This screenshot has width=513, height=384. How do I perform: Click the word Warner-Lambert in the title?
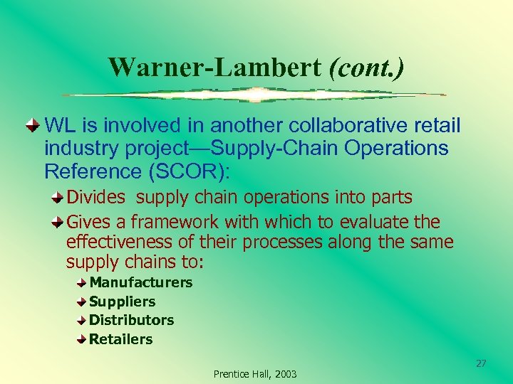pyautogui.click(x=215, y=68)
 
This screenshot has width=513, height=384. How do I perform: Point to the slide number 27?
pyautogui.click(x=481, y=363)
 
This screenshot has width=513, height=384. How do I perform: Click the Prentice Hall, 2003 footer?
pyautogui.click(x=255, y=374)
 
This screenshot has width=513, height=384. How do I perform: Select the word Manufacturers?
pyautogui.click(x=140, y=282)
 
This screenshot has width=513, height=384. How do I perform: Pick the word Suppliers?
pyautogui.click(x=122, y=302)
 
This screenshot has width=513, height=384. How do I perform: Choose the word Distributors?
pyautogui.click(x=131, y=320)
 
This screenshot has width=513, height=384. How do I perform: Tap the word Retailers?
pyautogui.click(x=120, y=339)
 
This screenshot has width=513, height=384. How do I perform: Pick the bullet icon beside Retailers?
pyautogui.click(x=83, y=339)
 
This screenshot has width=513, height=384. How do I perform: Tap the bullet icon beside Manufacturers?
pyautogui.click(x=83, y=282)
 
